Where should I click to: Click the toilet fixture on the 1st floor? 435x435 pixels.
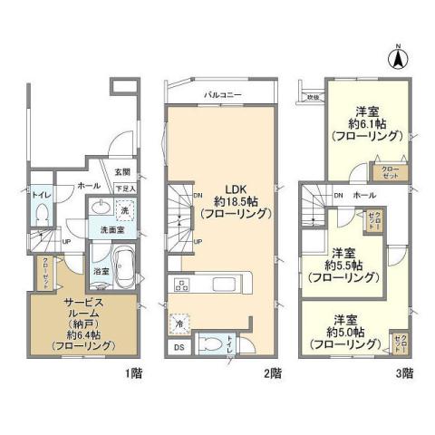41,212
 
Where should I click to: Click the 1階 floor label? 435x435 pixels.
132,372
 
